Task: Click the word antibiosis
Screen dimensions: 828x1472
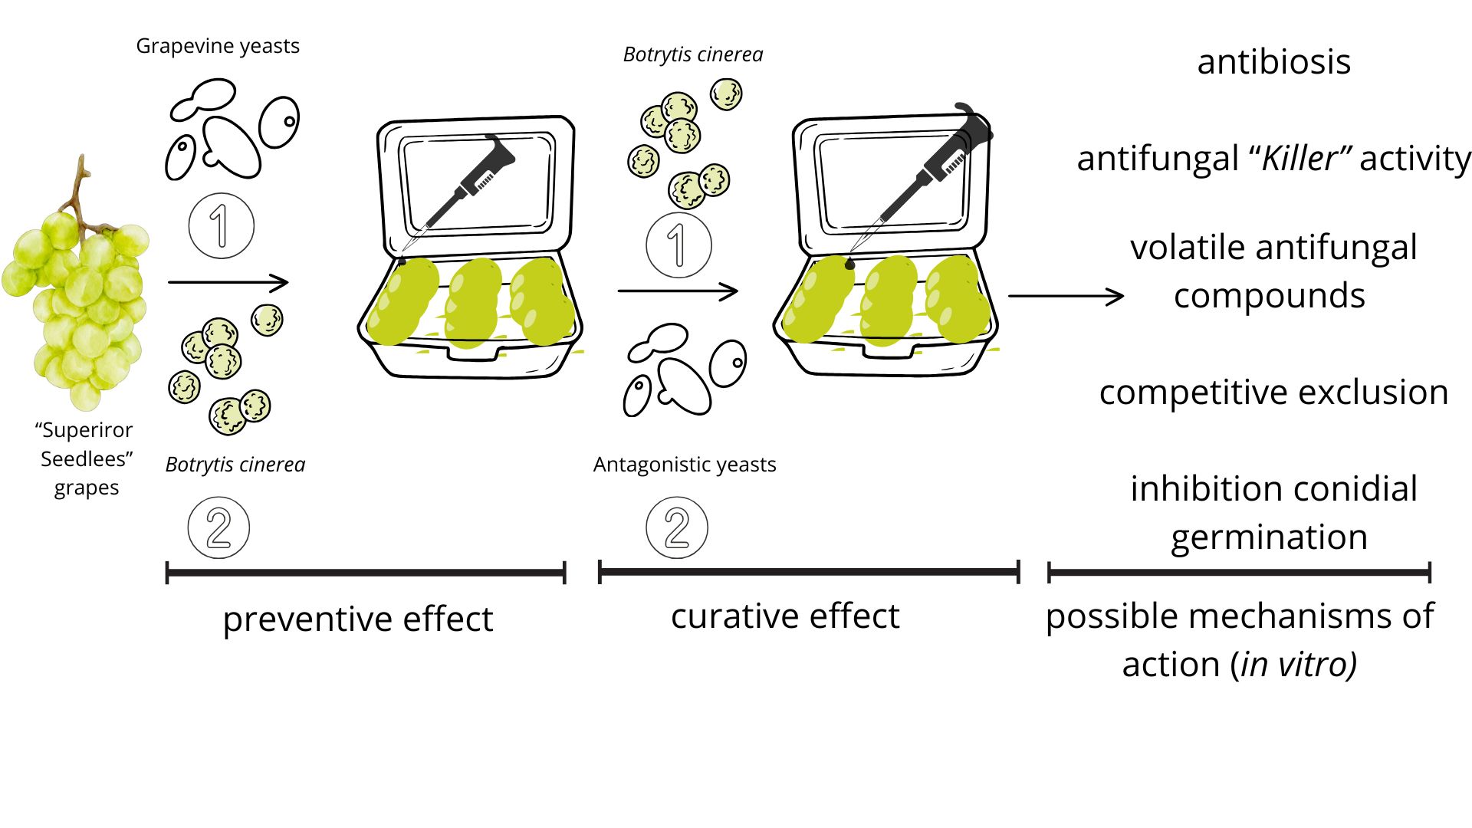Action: click(x=1273, y=62)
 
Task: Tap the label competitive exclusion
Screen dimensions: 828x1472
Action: click(x=1273, y=393)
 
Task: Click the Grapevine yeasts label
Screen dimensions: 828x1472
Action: click(x=218, y=46)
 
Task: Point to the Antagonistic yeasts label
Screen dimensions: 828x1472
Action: click(x=685, y=465)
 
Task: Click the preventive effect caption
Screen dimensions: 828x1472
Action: click(x=357, y=619)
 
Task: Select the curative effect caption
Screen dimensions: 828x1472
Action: click(x=785, y=616)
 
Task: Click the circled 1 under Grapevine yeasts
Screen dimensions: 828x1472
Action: click(x=221, y=225)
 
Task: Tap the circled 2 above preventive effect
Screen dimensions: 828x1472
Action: click(x=219, y=527)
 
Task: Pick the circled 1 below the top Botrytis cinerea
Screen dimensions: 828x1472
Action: click(x=678, y=245)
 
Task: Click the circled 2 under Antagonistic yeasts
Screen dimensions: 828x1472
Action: click(x=677, y=527)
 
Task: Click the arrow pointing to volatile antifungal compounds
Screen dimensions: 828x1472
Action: click(x=1066, y=296)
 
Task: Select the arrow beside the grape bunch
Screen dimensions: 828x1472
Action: click(x=228, y=283)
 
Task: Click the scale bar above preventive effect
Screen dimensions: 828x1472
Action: click(x=366, y=573)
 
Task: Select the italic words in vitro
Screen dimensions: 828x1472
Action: click(x=1297, y=664)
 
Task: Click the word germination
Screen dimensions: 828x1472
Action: click(x=1269, y=537)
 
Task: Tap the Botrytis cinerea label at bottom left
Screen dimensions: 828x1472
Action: click(x=235, y=465)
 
